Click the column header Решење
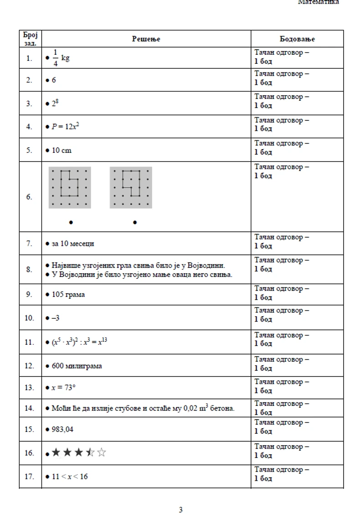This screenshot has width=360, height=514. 146,39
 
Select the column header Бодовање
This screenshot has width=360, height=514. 297,39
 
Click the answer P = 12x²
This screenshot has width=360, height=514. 65,127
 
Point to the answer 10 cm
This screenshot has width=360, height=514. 62,151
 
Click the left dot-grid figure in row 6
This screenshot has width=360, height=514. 70,187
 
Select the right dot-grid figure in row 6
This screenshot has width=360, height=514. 131,187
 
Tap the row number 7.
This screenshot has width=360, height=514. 29,244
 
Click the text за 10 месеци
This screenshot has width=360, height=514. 73,244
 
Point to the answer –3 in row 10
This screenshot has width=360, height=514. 55,318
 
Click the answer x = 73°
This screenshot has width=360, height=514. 63,388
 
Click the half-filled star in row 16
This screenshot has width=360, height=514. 90,452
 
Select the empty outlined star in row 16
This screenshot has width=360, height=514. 102,452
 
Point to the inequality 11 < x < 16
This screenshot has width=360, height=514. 70,477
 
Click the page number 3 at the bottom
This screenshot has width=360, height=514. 180,510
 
